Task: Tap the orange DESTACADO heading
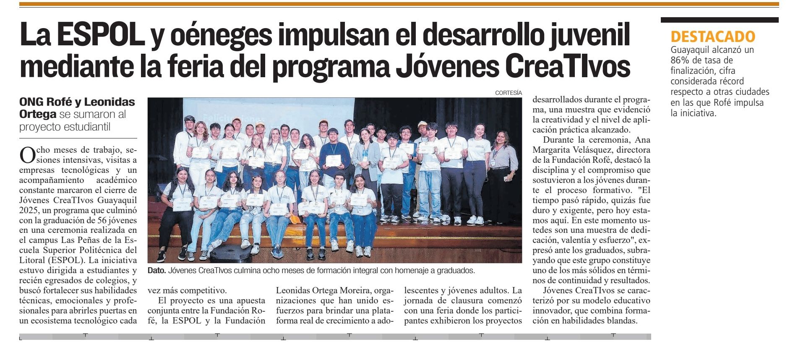click(x=712, y=37)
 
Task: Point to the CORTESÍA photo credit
click(x=508, y=93)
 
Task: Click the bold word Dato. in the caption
click(x=157, y=271)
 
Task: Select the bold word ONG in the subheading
click(x=31, y=102)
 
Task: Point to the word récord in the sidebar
click(x=730, y=81)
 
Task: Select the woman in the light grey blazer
click(x=365, y=159)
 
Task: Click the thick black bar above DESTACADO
click(x=719, y=20)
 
